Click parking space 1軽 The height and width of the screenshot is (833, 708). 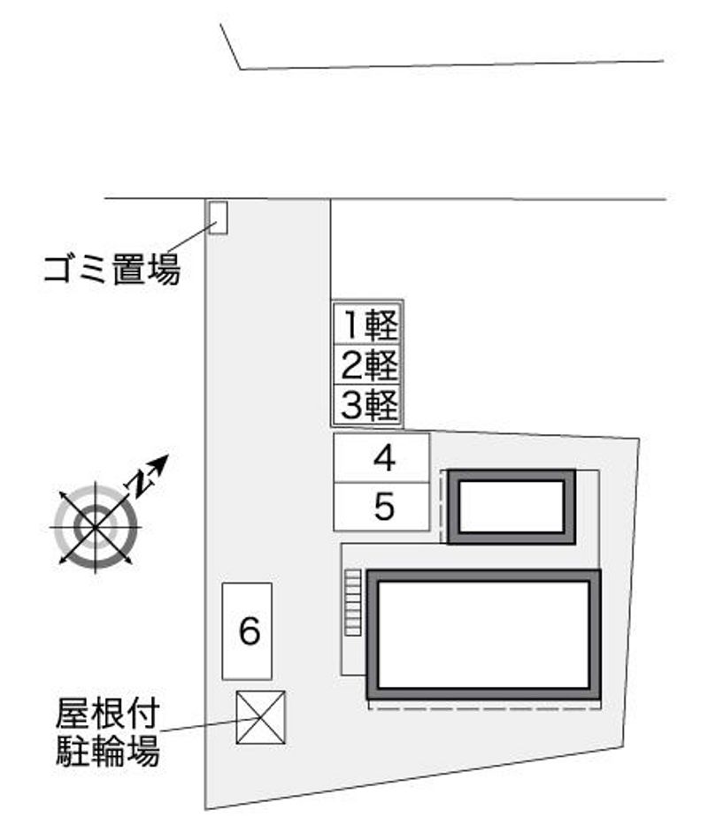(x=368, y=324)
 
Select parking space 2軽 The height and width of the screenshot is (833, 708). (x=368, y=363)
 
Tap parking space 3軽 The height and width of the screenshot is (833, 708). (x=368, y=404)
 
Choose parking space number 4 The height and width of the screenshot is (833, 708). (x=381, y=458)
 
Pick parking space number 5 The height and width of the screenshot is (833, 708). (x=381, y=507)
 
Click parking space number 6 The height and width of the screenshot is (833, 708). (x=247, y=630)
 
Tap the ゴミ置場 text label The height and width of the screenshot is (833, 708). (x=112, y=268)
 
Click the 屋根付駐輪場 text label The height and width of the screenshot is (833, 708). (x=108, y=732)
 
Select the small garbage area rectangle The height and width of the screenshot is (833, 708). (x=217, y=217)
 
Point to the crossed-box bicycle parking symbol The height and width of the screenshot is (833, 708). (x=261, y=716)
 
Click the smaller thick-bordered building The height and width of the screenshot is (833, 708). (x=512, y=507)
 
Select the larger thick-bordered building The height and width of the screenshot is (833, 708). (x=484, y=635)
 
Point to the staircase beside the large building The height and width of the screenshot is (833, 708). (x=353, y=602)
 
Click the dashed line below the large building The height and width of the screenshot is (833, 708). (x=484, y=707)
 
